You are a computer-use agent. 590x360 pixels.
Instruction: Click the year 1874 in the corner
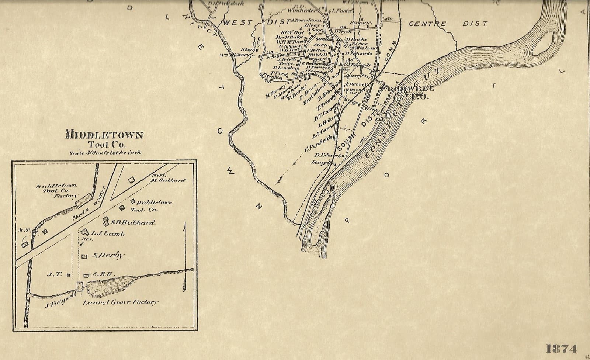point(561,348)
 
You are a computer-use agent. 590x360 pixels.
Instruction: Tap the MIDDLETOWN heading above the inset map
point(104,135)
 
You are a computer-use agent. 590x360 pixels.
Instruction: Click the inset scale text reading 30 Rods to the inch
point(104,152)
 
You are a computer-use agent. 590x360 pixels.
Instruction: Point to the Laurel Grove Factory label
point(120,302)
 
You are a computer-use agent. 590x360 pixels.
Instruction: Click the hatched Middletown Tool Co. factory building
point(84,200)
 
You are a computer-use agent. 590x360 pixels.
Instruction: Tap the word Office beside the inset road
point(100,200)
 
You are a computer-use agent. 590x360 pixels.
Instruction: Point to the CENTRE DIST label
point(448,24)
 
